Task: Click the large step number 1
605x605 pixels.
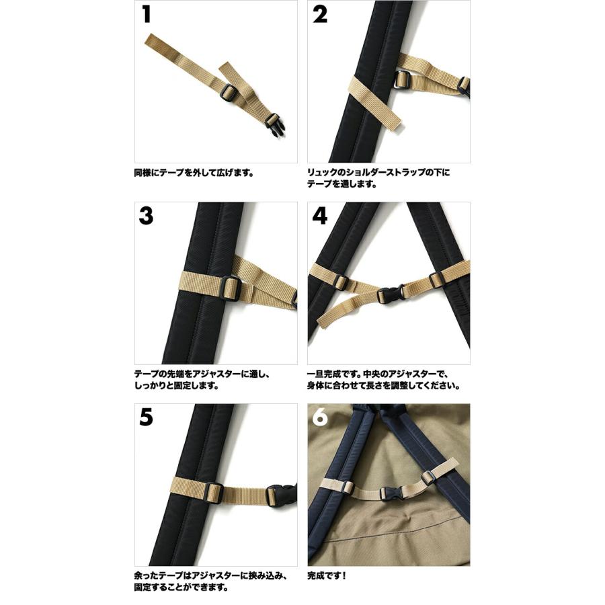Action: click(x=147, y=15)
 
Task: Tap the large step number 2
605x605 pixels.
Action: click(x=320, y=15)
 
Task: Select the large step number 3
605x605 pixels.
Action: click(x=146, y=216)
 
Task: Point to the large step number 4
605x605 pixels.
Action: click(x=320, y=216)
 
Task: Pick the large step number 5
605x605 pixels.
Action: click(x=146, y=418)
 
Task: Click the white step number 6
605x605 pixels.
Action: click(x=320, y=418)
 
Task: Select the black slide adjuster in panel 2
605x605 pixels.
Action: click(x=402, y=80)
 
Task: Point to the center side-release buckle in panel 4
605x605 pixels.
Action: click(x=390, y=294)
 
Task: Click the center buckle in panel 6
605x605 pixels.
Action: click(x=393, y=493)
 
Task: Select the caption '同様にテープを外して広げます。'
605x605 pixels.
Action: click(x=194, y=173)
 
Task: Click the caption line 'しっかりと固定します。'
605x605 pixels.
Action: click(x=177, y=385)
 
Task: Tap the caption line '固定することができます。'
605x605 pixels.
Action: click(x=181, y=588)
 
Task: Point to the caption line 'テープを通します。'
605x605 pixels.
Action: click(x=342, y=184)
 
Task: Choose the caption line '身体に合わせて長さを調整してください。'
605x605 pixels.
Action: click(x=384, y=385)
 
